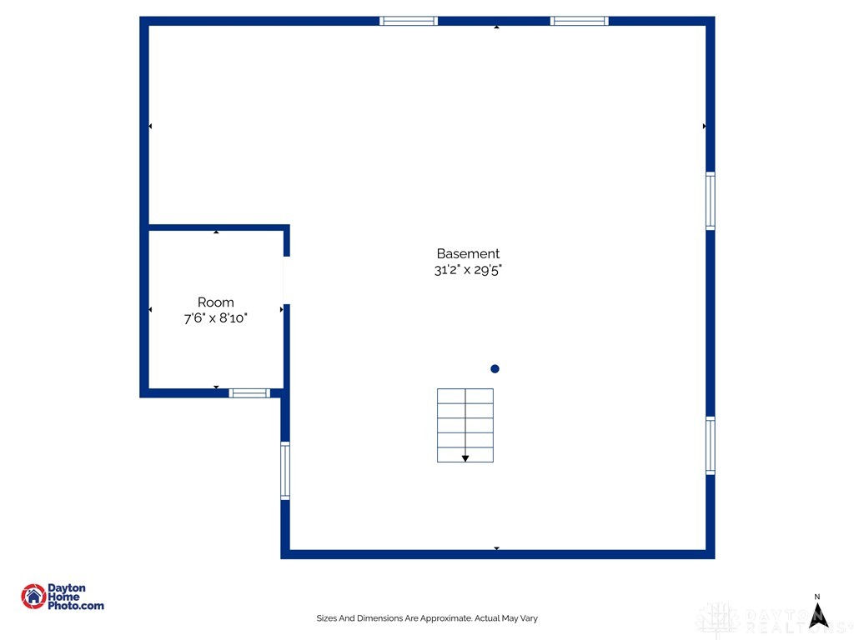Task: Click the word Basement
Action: (x=468, y=253)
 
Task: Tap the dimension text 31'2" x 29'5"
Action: (x=468, y=269)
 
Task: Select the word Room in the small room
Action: (x=216, y=302)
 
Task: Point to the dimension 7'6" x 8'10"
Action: (x=216, y=317)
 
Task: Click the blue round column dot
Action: (x=495, y=369)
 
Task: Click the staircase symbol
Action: (x=465, y=425)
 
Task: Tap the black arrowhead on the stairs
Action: (x=465, y=458)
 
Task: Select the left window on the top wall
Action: (x=409, y=21)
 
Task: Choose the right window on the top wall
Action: (x=580, y=21)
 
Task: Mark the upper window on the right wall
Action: (x=711, y=201)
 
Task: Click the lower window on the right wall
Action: (x=711, y=446)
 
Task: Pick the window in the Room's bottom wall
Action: (x=249, y=393)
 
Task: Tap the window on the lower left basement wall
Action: (x=285, y=471)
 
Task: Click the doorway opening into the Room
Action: (x=287, y=280)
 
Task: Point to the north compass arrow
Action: (x=818, y=616)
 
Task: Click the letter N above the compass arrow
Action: (x=817, y=597)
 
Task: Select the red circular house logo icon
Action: (x=33, y=597)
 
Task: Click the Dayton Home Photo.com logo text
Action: (x=76, y=597)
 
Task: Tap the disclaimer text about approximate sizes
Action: (x=427, y=618)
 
